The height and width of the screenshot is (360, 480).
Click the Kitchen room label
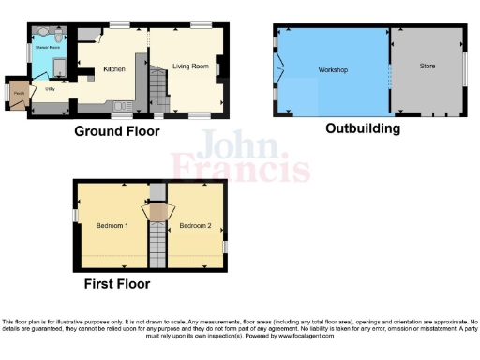click(114, 69)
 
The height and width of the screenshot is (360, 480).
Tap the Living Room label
click(189, 66)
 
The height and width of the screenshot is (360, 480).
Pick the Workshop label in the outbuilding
click(333, 71)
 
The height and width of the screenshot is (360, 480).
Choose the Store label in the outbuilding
click(427, 66)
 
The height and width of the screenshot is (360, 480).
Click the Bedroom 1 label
click(112, 225)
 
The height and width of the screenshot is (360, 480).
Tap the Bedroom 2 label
click(195, 225)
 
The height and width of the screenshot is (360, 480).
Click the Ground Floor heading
click(117, 132)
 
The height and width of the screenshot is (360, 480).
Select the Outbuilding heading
click(363, 128)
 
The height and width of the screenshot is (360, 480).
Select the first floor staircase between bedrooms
click(157, 244)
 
